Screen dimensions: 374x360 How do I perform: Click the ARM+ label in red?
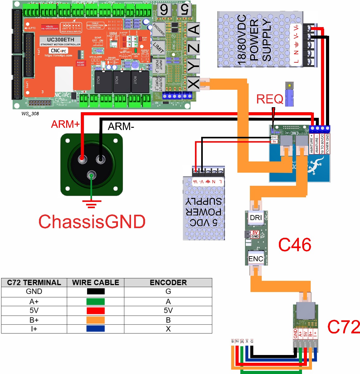coord(65,124)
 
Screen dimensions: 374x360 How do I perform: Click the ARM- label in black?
coord(121,126)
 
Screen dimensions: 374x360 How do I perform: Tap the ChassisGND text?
coord(92,222)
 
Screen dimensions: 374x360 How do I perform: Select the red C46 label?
coord(294,245)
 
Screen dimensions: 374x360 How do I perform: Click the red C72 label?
coord(343,327)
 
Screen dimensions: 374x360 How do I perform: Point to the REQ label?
coord(270,99)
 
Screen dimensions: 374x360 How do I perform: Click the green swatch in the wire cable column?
coord(95,302)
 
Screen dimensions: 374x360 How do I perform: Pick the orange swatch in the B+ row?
coord(95,320)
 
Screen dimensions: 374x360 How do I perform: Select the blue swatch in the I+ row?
coord(95,328)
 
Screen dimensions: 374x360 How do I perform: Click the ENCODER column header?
coord(168,282)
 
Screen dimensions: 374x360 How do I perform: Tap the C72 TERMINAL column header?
coord(34,282)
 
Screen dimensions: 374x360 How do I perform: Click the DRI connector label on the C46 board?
coord(256,218)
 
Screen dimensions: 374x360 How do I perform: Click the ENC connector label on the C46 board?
coord(256,258)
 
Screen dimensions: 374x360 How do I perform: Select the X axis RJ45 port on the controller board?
coord(193,83)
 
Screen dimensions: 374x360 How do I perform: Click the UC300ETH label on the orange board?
coord(61,40)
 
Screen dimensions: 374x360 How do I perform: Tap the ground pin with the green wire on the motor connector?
coord(91,175)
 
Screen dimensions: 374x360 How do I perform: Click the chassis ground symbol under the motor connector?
coord(91,204)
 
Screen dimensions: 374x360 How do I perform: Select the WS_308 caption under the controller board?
coord(30,113)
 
